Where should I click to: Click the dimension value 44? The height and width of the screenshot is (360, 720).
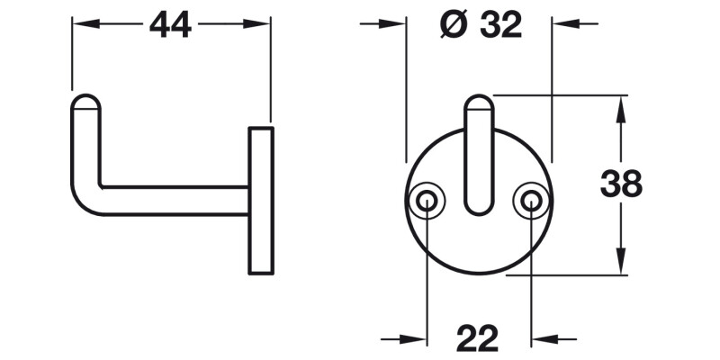tap(171, 26)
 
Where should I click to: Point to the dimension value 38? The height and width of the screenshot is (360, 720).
tap(621, 184)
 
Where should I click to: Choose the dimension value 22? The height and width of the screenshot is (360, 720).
tap(478, 339)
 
